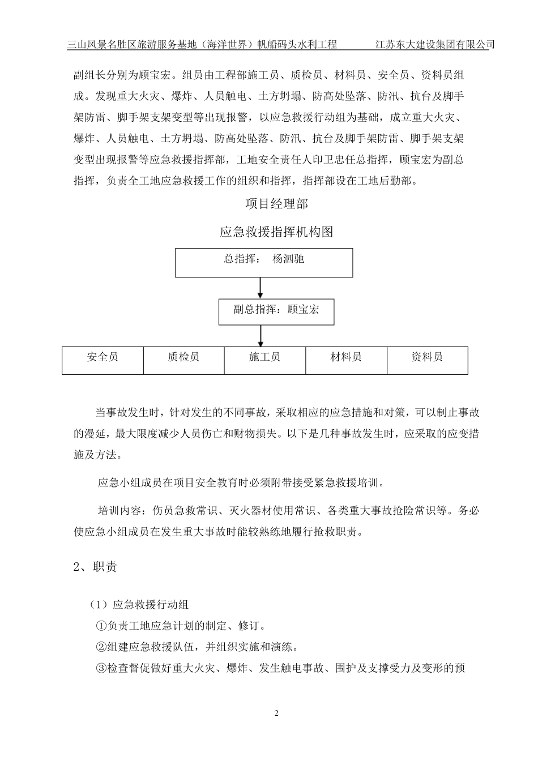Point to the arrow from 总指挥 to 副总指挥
point(261,287)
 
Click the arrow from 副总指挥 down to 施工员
point(261,336)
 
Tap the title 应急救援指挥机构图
point(276,232)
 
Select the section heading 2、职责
point(95,567)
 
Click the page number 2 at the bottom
point(276,713)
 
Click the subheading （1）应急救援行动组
point(139,605)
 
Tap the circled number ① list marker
point(101,626)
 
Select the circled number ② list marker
point(101,647)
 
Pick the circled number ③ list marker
point(101,669)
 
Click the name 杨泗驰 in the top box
point(288,259)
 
